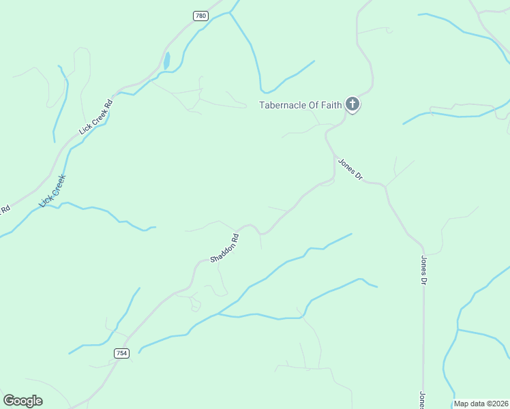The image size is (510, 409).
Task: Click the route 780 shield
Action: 200,16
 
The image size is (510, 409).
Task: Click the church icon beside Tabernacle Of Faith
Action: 352,104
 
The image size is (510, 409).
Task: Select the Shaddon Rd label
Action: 225,249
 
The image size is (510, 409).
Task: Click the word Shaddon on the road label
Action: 222,252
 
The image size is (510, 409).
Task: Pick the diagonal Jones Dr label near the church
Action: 350,169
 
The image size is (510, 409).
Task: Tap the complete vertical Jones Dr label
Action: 423,271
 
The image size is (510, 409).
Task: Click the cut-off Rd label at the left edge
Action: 5,210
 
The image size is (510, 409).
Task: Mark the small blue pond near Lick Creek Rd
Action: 166,61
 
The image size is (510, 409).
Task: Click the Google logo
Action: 22,401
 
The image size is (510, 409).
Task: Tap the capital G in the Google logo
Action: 9,400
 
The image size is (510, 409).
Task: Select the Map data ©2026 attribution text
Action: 481,404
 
